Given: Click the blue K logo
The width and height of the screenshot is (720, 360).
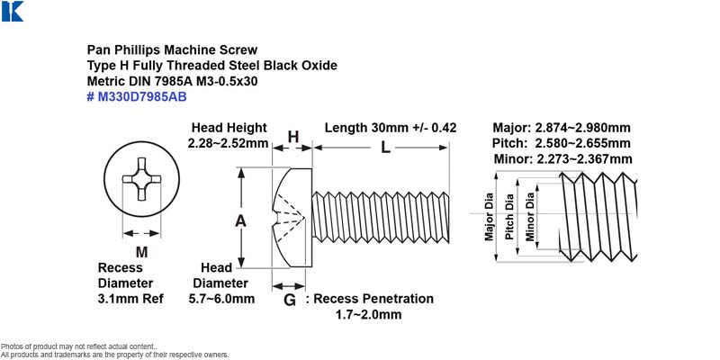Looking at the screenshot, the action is pos(13,11).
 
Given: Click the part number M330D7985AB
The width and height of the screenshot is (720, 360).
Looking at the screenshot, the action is pos(142,97).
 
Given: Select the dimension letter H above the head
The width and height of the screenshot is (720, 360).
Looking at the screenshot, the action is pos(293,137).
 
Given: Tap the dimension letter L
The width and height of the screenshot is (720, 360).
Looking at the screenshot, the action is pos(386,148).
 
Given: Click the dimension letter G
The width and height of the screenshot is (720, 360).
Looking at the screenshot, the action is pos(290,301).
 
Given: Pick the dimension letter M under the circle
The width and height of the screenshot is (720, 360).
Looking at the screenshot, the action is pos(142,252).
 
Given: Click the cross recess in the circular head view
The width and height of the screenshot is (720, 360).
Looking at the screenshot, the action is pos(141,179).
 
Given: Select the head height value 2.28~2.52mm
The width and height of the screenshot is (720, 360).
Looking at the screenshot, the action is pos(228,143).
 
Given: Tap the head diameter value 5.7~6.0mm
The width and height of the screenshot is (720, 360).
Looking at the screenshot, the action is pos(221,299).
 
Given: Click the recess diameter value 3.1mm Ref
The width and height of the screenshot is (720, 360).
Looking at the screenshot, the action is pos(130,299).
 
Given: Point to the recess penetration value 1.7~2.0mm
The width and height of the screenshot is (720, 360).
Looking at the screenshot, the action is pos(369,314).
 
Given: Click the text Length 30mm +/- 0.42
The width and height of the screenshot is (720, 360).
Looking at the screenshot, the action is pos(391,128).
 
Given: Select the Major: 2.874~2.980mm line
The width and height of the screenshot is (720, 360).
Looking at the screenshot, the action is pos(562,128).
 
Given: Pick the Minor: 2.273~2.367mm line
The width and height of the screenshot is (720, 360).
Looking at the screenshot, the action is pos(563,159).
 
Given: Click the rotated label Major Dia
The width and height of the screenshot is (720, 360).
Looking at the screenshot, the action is pos(489,216).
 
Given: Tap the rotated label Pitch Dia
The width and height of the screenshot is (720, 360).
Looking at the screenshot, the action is pos(509,217).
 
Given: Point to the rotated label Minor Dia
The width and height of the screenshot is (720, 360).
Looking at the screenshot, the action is pos(530,216).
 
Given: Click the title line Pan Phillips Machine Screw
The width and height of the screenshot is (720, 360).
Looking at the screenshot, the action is pos(172,49).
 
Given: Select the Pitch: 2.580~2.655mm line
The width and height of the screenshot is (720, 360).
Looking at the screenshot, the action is pos(561,143).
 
